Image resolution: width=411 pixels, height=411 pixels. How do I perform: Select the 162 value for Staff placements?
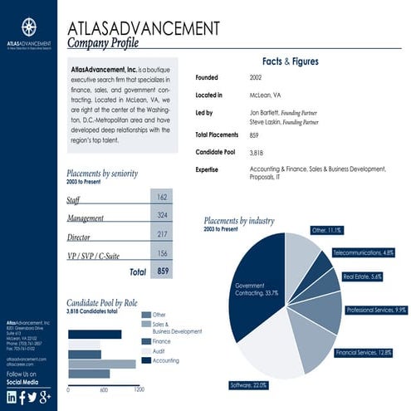161,197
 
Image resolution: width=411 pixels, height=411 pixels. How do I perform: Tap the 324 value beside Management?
161,216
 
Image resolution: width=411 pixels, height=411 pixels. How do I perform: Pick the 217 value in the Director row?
161,235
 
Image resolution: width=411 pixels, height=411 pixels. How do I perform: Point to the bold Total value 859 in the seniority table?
163,272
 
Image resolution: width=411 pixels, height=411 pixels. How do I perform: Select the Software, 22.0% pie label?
249,385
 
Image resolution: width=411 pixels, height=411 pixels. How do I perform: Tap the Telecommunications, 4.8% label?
363,252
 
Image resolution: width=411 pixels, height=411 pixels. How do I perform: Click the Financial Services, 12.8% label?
363,353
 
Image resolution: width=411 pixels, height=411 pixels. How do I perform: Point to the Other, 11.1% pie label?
326,230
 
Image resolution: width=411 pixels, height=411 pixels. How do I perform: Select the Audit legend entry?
159,350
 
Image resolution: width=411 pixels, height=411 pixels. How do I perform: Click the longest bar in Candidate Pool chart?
100,364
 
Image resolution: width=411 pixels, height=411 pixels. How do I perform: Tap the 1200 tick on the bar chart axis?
138,389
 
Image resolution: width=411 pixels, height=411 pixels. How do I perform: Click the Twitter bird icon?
32,397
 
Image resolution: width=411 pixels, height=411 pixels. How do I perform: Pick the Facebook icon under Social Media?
22,397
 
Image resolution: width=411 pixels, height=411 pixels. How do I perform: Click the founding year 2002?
255,77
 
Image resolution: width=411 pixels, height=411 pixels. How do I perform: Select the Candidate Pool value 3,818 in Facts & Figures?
256,153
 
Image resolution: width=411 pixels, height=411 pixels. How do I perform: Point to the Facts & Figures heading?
290,61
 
